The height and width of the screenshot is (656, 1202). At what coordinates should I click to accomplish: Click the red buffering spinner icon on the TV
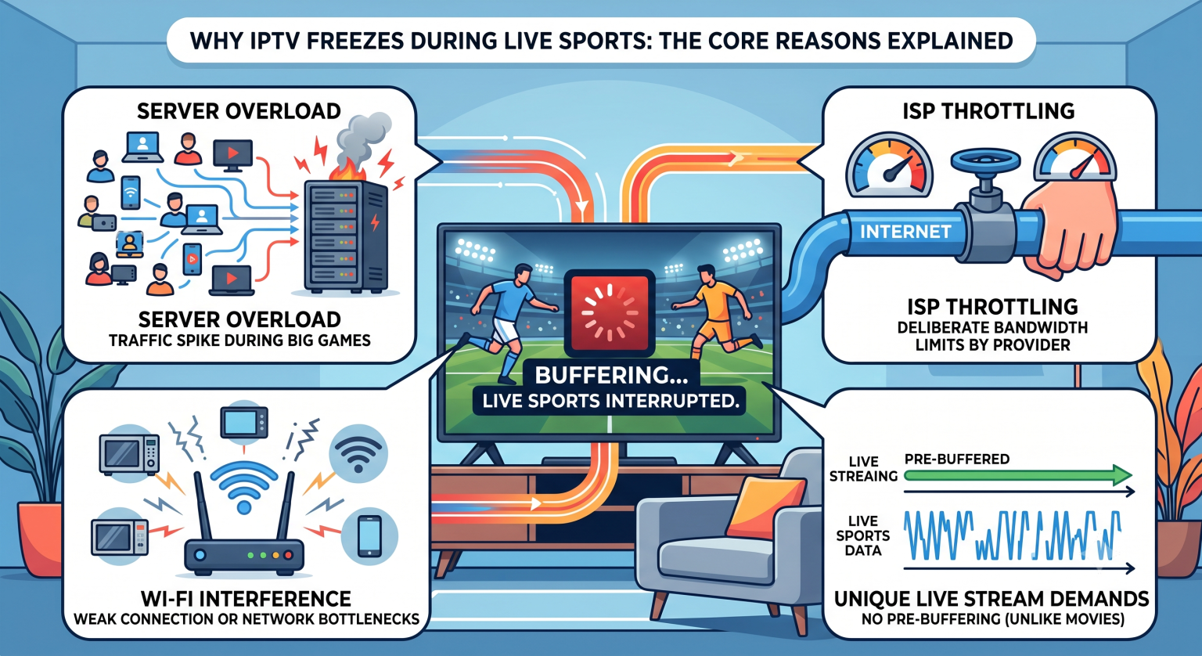tap(610, 313)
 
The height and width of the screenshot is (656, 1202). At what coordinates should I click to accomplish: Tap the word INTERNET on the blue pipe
tap(905, 232)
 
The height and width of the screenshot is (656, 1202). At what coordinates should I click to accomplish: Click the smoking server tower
tap(345, 236)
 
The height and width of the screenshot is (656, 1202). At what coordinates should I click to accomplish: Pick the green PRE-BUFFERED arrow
tap(1017, 475)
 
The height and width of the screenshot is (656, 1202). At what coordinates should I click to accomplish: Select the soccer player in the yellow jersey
tap(714, 312)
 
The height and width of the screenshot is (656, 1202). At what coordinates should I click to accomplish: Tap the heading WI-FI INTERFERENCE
tap(247, 599)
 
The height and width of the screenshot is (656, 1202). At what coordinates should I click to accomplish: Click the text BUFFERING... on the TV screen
tap(611, 375)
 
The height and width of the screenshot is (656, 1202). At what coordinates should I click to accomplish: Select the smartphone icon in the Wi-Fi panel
tap(369, 535)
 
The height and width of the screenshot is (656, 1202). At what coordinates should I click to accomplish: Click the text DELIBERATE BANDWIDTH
tap(992, 327)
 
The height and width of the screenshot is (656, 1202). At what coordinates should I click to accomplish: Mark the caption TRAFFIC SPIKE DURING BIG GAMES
tap(239, 341)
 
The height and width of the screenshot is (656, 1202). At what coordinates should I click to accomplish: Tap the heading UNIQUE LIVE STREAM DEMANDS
tap(991, 599)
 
